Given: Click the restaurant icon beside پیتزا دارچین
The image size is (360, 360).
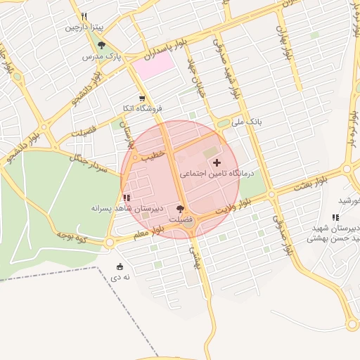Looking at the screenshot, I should tap(84, 15).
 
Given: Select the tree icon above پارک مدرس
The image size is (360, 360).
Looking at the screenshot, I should tap(102, 45).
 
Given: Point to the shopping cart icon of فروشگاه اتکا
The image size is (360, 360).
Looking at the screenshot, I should tap(142, 98).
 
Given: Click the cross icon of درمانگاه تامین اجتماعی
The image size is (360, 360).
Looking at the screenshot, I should tap(216, 162).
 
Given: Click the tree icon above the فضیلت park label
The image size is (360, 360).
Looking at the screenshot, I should tap(181, 209).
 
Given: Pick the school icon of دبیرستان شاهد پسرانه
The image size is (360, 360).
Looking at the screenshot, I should tap(126, 198).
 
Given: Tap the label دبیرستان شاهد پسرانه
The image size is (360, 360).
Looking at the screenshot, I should tap(127, 209).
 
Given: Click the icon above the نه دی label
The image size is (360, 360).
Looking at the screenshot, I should tap(120, 266).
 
